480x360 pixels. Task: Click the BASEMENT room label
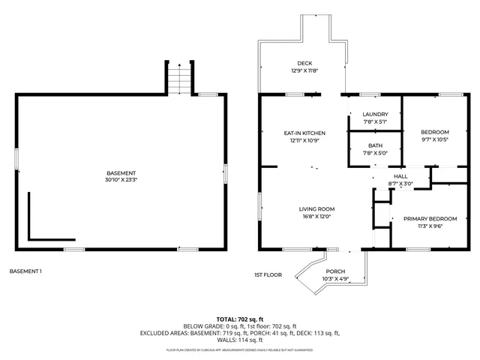[x=121, y=173]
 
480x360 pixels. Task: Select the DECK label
[x=304, y=63]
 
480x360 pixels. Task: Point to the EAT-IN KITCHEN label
[x=304, y=133]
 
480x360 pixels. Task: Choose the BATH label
[x=375, y=146]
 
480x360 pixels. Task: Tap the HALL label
[x=400, y=176]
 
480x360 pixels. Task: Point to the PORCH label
[x=334, y=271]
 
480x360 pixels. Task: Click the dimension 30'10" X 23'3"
[x=121, y=180]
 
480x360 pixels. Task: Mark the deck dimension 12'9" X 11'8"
[x=304, y=70]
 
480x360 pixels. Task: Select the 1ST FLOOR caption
[x=268, y=275]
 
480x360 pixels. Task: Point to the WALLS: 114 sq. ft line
[x=240, y=340]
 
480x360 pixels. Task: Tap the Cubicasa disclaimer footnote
[x=240, y=350]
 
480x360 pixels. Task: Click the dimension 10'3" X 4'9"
[x=334, y=279]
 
